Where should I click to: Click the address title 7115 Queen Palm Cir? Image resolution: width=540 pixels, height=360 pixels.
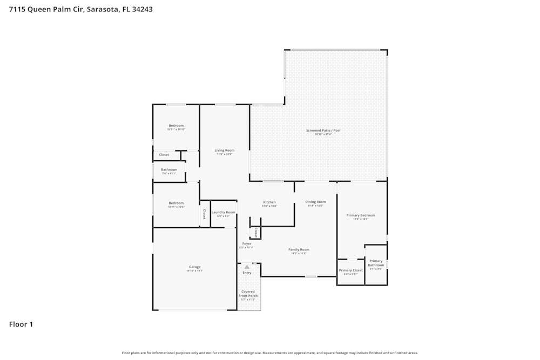(81, 9)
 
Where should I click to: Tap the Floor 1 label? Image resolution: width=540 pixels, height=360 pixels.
(21, 324)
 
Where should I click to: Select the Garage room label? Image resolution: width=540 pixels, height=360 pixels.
(195, 267)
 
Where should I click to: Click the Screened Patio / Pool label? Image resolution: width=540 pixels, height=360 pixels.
(323, 131)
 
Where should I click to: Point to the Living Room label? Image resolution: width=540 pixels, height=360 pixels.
(224, 151)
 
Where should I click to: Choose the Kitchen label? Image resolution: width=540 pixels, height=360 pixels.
(269, 202)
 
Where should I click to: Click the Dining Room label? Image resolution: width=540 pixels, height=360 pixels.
(315, 202)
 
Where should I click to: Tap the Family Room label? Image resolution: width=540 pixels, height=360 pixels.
(299, 249)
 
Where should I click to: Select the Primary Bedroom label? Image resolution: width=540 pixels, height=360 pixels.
(360, 215)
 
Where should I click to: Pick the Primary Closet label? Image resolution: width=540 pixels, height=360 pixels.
(350, 270)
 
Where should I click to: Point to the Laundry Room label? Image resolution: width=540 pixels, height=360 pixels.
(223, 212)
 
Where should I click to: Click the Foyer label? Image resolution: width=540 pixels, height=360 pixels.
(247, 244)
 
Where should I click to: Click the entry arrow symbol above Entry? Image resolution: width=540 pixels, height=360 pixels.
(247, 267)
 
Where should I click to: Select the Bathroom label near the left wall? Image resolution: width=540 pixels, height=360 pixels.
(169, 169)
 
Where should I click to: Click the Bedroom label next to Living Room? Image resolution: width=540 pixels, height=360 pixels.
(176, 126)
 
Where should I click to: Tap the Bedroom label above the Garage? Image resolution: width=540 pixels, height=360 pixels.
(176, 203)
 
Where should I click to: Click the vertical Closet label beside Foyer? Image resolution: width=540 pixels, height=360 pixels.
(255, 233)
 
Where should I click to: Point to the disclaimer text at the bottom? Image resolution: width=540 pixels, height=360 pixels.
(270, 353)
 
